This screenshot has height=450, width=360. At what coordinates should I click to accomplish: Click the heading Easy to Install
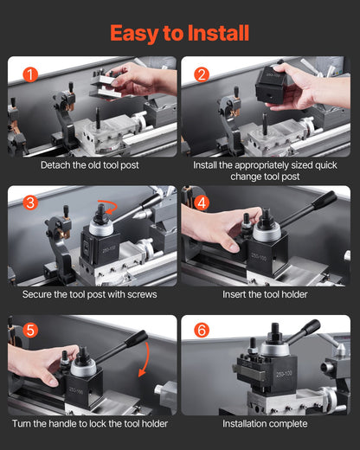[179, 33]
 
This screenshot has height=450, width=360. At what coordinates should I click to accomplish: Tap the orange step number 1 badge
[30, 74]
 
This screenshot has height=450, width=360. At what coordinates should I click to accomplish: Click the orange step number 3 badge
[30, 203]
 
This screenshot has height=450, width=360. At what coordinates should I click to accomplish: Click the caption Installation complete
[265, 424]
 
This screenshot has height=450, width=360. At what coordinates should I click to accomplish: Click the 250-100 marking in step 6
[282, 375]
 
